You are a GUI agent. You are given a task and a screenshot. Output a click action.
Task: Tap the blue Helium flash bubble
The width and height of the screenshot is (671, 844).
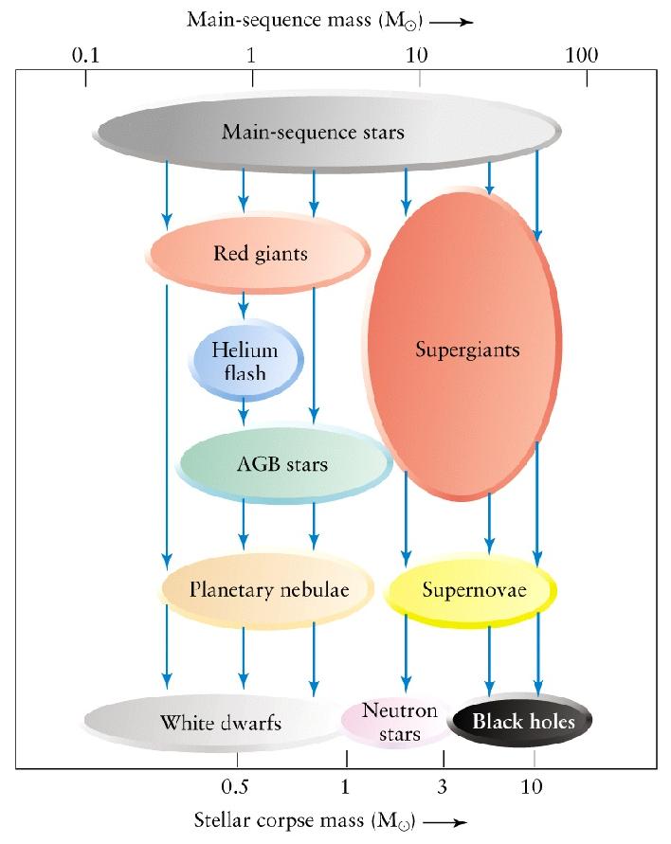click(246, 361)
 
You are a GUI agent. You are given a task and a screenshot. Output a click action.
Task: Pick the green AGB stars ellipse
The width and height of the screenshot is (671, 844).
click(283, 464)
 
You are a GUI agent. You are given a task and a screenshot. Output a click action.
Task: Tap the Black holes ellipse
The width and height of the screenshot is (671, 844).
click(522, 722)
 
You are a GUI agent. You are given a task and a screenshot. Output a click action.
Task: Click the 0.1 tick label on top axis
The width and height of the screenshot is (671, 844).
click(86, 55)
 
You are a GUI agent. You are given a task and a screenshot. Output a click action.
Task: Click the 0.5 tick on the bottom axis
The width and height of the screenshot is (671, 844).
click(235, 786)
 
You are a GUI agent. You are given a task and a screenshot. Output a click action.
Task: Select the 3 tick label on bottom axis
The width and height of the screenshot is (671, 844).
click(443, 786)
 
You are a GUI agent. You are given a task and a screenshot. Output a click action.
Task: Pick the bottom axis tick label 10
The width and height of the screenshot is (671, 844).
click(534, 786)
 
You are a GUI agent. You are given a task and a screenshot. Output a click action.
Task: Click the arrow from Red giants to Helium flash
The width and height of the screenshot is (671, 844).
click(244, 306)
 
